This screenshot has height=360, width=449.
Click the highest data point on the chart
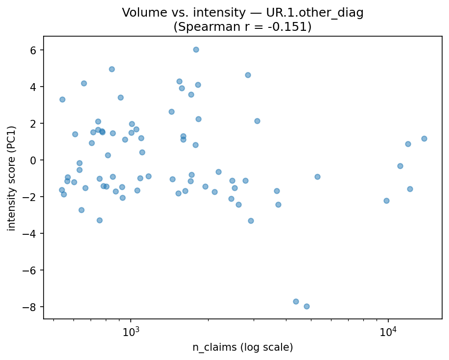click(196, 49)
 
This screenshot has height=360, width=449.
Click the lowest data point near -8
click(307, 306)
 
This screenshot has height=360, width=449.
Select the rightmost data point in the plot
click(424, 138)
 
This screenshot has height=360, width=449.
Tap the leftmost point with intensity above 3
click(62, 99)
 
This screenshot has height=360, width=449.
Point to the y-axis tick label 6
click(34, 50)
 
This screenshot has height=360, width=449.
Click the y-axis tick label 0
click(34, 160)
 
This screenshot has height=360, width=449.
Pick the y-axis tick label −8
click(31, 307)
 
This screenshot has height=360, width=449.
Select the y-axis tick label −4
click(31, 234)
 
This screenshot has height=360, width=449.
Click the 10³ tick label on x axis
click(131, 333)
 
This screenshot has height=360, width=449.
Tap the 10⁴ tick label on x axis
click(388, 333)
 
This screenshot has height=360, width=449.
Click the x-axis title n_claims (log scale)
click(242, 348)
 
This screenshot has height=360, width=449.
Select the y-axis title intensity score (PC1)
click(12, 178)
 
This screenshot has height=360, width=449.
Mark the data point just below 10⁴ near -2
click(386, 201)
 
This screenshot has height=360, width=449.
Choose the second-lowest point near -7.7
click(296, 301)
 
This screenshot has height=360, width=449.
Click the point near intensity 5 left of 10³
click(112, 69)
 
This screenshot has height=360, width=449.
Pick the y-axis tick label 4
click(34, 87)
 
